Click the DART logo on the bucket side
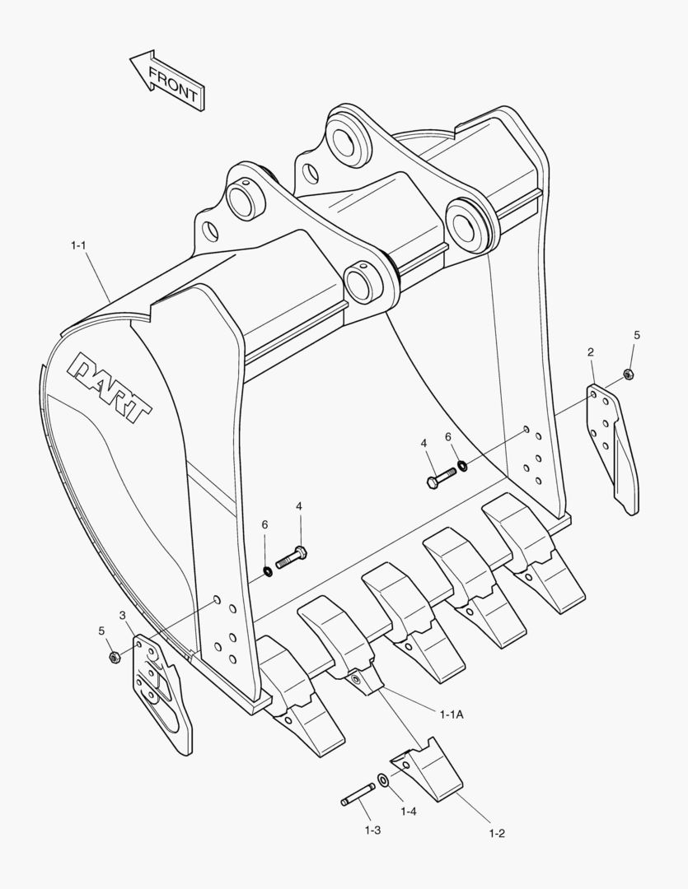[x=110, y=386]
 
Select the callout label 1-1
[x=79, y=245]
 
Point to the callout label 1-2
[x=496, y=833]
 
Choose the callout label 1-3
[x=372, y=830]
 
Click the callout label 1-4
[x=408, y=812]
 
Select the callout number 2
[x=591, y=352]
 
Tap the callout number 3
[x=122, y=615]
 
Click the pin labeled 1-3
[x=358, y=795]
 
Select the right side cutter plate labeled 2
[x=613, y=444]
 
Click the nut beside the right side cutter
[x=629, y=375]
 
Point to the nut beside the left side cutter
[x=115, y=657]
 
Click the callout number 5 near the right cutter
[x=636, y=335]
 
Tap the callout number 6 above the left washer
[x=264, y=524]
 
